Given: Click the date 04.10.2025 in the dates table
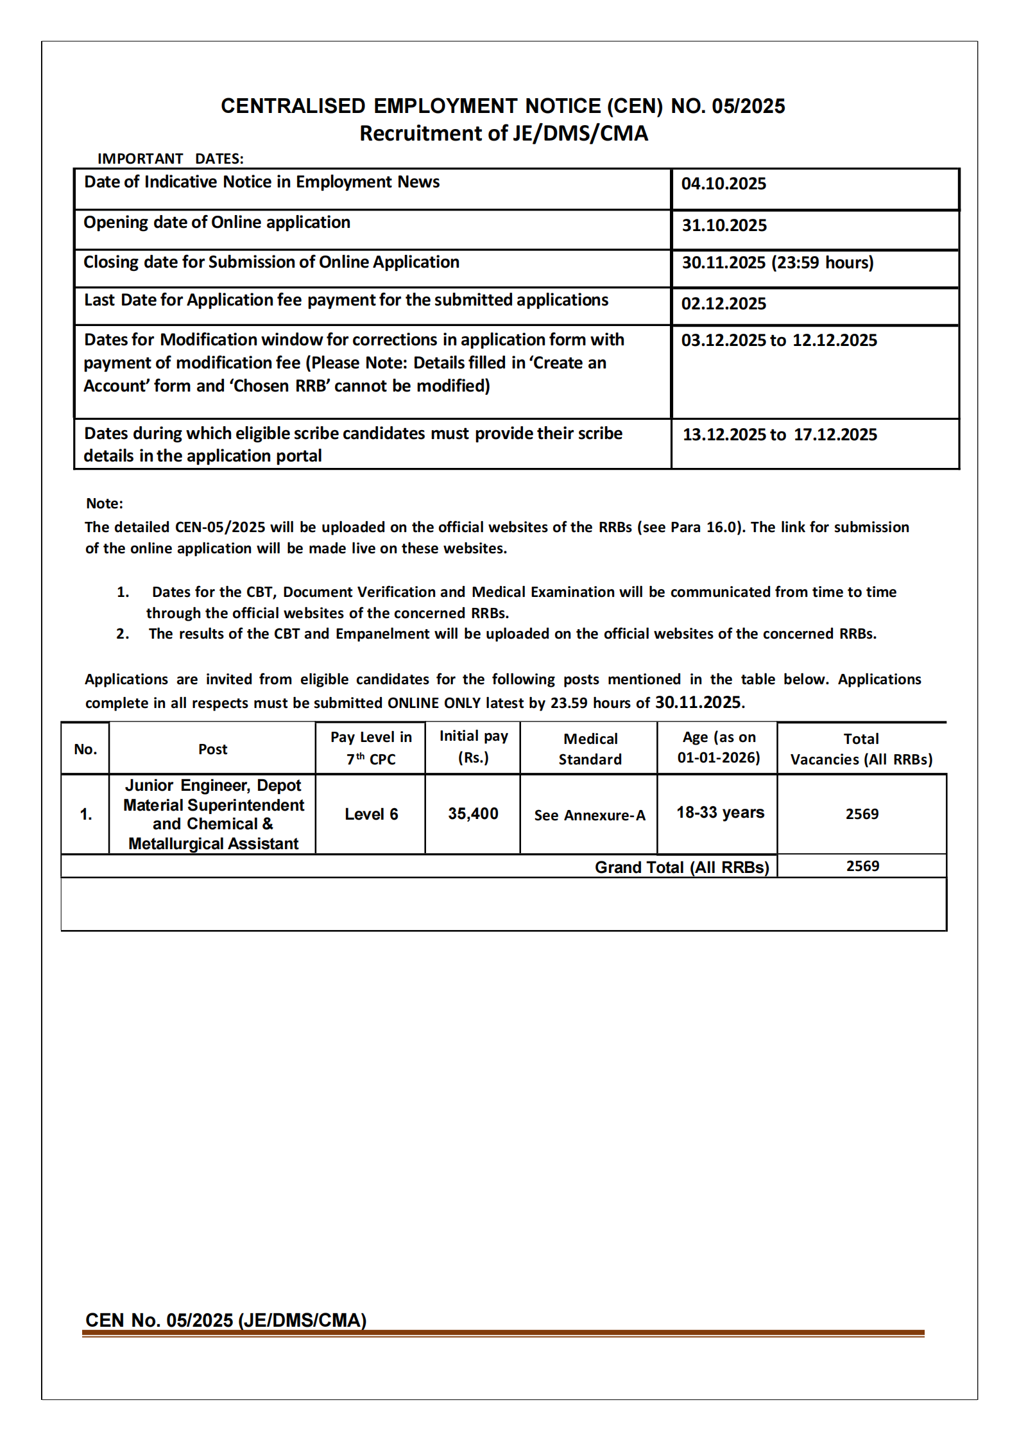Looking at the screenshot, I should click(723, 184).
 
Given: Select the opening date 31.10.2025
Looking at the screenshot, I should click(724, 225).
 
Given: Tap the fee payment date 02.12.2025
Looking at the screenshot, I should click(723, 304).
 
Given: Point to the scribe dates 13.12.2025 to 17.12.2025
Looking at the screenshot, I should click(779, 435).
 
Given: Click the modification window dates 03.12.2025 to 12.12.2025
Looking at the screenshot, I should click(778, 341).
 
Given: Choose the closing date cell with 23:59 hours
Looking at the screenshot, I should click(777, 263).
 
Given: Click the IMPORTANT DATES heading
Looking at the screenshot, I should click(170, 159).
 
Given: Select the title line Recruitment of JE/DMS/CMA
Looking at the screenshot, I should click(503, 134).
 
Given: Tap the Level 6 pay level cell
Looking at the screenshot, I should click(371, 815).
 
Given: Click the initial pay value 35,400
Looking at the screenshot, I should click(473, 814).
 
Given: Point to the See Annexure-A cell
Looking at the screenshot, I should click(589, 815).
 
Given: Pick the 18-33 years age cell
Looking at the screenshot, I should click(720, 813).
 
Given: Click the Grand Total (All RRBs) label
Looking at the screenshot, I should click(681, 868).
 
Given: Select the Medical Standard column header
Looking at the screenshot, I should click(590, 749).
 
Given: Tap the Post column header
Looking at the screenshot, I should click(212, 750).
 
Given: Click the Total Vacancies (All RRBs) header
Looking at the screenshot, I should click(861, 749).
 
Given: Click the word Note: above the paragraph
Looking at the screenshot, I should click(105, 504).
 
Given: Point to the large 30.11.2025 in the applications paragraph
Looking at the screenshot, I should click(698, 702).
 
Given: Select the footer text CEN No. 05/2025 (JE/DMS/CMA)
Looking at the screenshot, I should click(226, 1320).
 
